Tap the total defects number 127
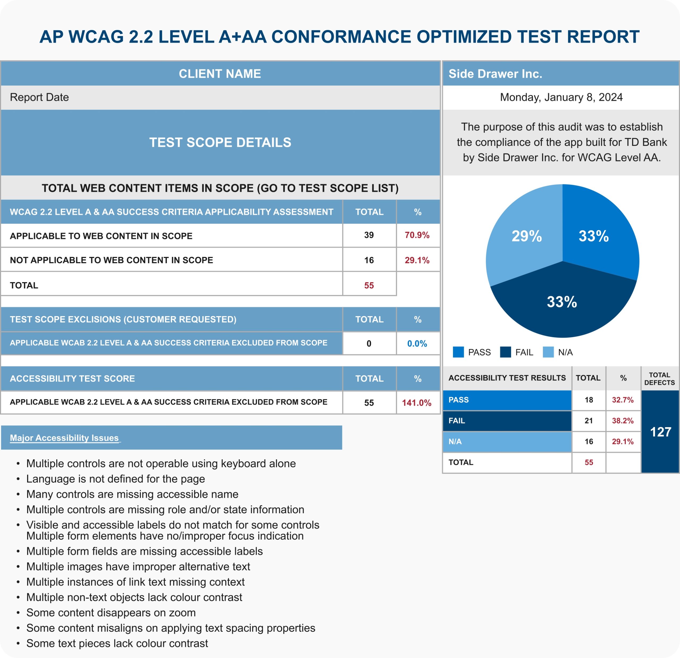(660, 432)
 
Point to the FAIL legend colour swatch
(505, 352)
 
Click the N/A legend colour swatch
(548, 352)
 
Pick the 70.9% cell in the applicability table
(417, 235)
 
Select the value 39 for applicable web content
(369, 235)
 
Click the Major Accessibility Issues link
(64, 438)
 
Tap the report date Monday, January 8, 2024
(561, 97)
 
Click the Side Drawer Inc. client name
(495, 74)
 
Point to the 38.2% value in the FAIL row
(622, 421)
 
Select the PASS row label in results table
(459, 400)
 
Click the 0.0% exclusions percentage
(417, 343)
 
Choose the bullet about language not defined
(116, 479)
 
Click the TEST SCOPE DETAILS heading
(220, 142)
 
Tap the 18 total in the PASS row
(589, 400)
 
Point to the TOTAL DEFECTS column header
(659, 379)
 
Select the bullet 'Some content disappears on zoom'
(111, 613)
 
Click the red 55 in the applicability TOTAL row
(369, 285)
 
